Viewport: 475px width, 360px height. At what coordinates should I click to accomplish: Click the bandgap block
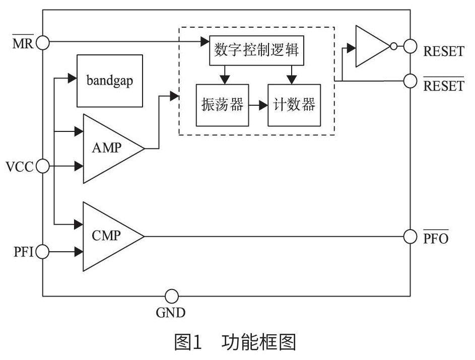point(109,81)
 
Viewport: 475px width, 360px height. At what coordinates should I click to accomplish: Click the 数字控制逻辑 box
point(256,50)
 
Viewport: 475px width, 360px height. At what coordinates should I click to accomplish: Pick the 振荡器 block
point(222,105)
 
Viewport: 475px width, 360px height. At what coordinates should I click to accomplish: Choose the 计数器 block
point(294,105)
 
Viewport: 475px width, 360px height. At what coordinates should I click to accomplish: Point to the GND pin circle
point(172,296)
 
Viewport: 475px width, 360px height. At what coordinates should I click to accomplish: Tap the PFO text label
point(436,238)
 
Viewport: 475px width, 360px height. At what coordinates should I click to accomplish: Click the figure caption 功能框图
point(258,343)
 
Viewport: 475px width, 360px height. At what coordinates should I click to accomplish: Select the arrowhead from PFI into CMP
point(79,250)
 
